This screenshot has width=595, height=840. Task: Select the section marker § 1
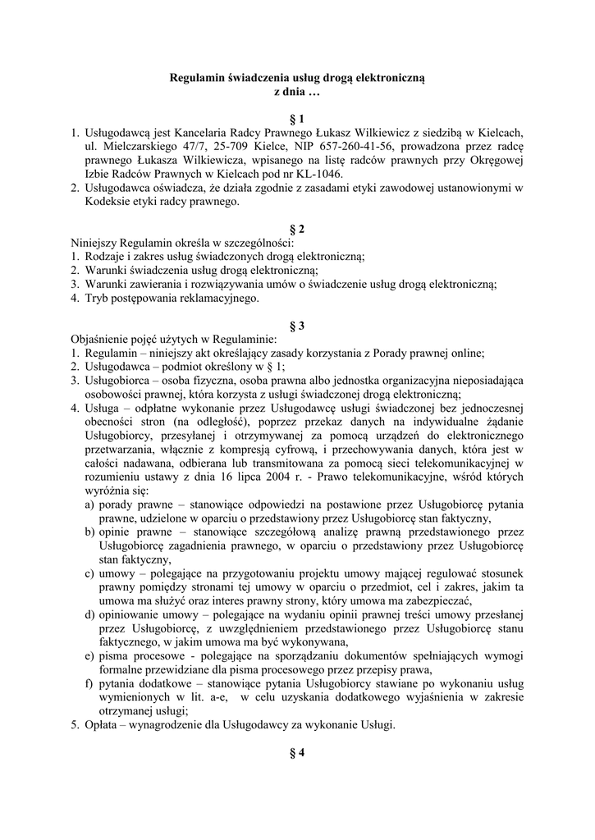click(x=297, y=119)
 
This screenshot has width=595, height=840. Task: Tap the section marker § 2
click(x=297, y=229)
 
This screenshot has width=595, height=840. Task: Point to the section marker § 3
click(x=297, y=326)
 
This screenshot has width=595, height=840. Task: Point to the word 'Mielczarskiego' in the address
click(x=127, y=147)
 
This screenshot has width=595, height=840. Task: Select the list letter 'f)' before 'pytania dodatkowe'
click(x=89, y=683)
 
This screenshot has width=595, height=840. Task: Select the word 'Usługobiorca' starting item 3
click(x=118, y=381)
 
